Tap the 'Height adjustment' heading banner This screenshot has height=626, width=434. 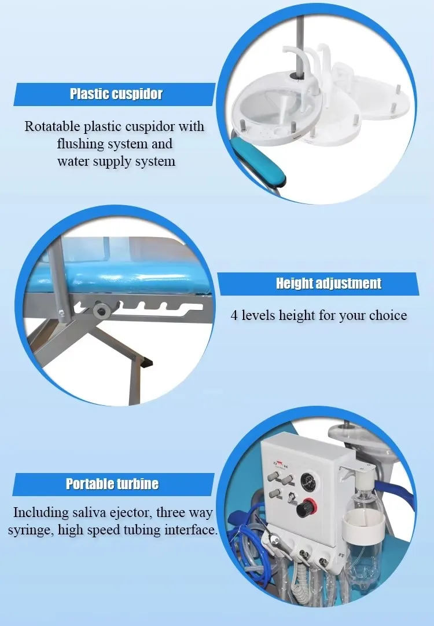click(328, 283)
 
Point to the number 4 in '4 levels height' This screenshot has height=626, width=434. click(234, 316)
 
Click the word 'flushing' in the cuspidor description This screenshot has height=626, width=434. click(84, 143)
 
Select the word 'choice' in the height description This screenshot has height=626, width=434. click(387, 316)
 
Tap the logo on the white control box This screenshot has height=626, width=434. click(279, 463)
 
